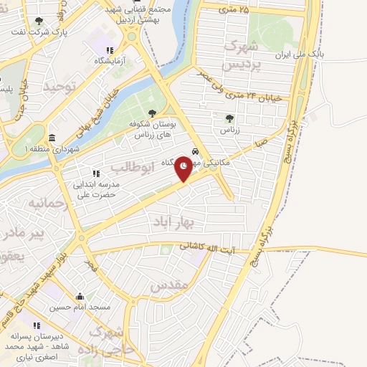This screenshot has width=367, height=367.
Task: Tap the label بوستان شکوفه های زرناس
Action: pos(152,130)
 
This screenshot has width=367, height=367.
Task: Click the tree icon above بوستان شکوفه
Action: pos(152,113)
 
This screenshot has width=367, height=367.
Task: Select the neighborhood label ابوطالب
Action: pos(133,168)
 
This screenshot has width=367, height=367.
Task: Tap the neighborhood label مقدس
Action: pos(170,285)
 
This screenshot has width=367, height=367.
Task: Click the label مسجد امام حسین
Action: pos(80,307)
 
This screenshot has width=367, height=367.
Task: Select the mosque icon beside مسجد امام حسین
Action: pos(80,296)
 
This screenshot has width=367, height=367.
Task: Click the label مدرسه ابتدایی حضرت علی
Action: pos(95,188)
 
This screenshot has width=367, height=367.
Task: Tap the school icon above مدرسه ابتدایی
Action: pos(95,173)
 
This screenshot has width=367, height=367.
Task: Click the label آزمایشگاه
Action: pos(109,61)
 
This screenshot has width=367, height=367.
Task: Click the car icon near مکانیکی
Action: pos(194,151)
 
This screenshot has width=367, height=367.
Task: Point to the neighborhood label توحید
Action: pos(59,86)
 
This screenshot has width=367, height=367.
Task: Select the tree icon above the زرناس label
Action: pos(229,118)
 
